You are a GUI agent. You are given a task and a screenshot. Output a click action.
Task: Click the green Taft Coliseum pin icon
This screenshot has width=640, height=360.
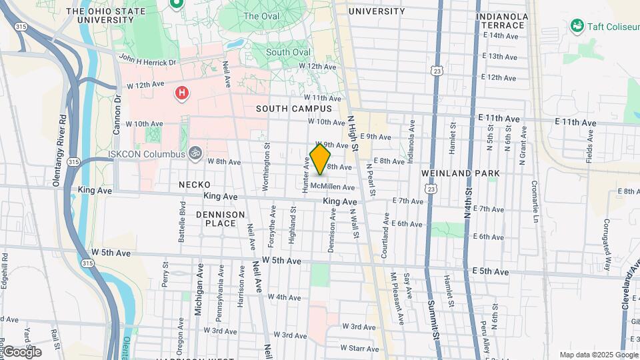click(577, 25)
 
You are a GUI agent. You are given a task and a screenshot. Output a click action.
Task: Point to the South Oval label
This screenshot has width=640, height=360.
click(287, 52)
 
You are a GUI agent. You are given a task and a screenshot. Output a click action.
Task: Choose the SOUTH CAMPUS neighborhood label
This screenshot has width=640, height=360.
click(294, 109)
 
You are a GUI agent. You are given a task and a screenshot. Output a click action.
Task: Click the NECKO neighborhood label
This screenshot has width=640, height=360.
click(194, 185)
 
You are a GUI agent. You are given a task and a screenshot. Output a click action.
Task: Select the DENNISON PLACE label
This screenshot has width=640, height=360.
click(221, 219)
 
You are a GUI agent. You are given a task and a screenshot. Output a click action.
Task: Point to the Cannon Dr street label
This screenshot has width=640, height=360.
click(117, 115)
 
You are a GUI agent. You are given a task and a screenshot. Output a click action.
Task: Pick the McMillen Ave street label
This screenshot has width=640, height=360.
click(333, 187)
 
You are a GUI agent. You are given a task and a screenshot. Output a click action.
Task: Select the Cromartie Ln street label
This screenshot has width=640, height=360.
click(534, 201)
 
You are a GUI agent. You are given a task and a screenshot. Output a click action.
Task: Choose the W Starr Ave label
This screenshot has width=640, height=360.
click(359, 348)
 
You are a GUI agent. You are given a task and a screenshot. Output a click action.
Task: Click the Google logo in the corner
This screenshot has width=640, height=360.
click(22, 351)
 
